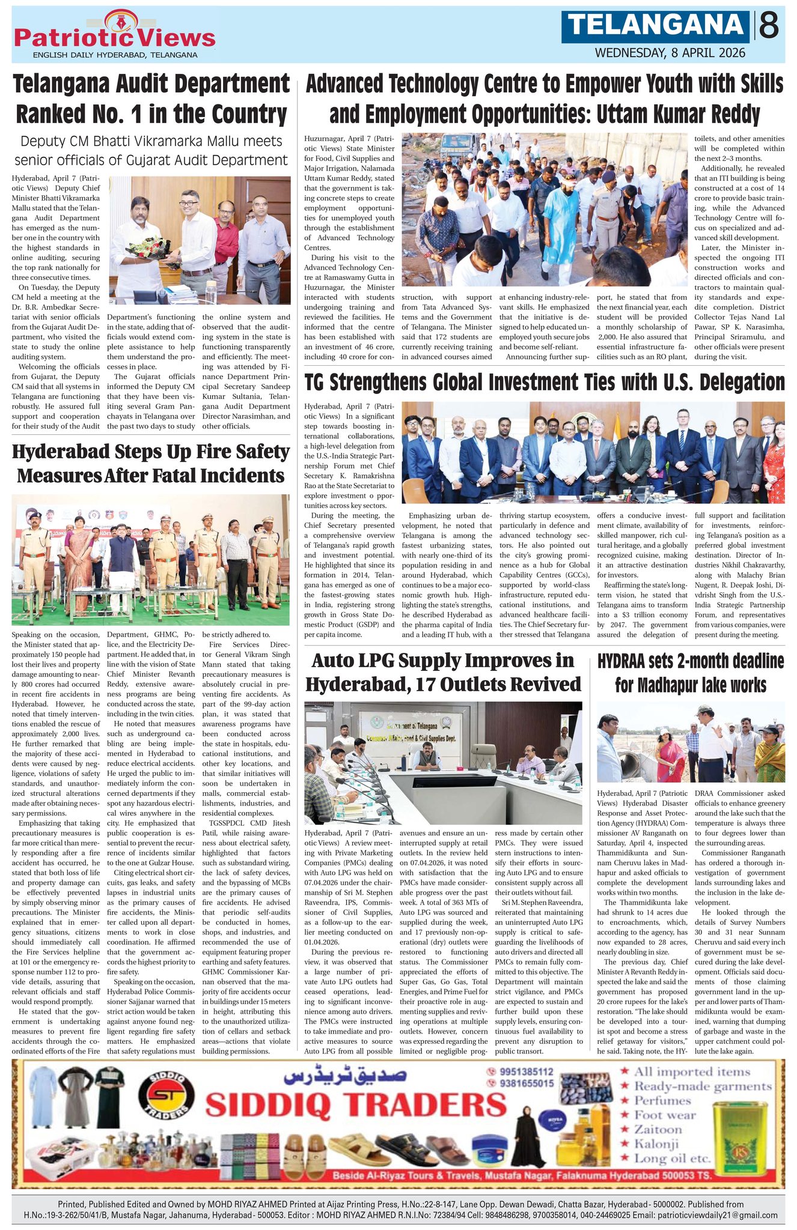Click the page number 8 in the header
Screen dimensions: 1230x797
(769, 26)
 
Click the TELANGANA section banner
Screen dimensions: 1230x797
(656, 26)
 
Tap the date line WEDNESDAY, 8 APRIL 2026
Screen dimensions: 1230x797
(670, 53)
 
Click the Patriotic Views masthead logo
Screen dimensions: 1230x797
(114, 37)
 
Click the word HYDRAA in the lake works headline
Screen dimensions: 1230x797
(631, 662)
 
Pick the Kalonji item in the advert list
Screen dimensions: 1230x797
(657, 1144)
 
